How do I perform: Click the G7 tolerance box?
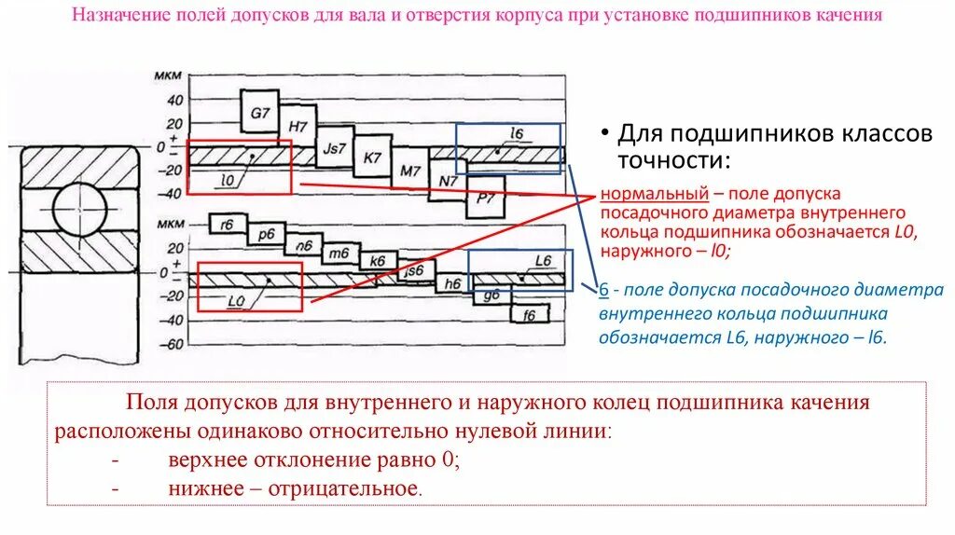click(x=260, y=114)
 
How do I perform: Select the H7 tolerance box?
click(x=298, y=125)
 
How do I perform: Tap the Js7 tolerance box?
click(x=334, y=147)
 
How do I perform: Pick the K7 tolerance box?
click(x=373, y=158)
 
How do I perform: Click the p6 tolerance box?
click(x=266, y=235)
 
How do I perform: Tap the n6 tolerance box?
click(x=303, y=246)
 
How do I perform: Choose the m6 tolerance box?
click(x=340, y=253)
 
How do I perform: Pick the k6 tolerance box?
click(x=377, y=262)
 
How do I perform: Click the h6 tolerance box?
click(x=454, y=283)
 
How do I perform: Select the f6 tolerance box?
click(x=529, y=314)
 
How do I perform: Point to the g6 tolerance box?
click(x=491, y=295)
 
